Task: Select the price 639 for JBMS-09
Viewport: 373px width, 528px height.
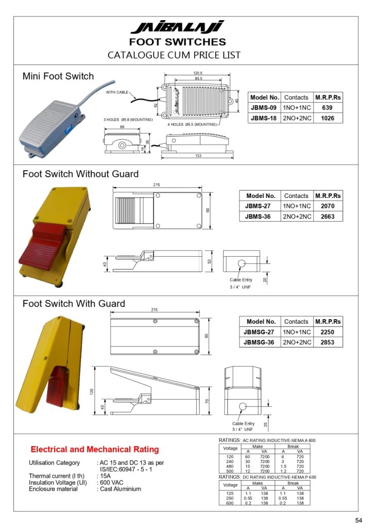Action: (327, 108)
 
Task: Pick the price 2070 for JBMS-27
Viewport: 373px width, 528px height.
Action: (328, 206)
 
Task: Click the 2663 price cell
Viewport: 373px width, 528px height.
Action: (328, 217)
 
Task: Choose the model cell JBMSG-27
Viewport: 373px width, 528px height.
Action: (260, 332)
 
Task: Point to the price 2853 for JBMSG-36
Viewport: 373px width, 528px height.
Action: (328, 342)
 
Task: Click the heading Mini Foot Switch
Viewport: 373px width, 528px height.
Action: (58, 76)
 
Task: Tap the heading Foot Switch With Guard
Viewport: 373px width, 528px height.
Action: (74, 304)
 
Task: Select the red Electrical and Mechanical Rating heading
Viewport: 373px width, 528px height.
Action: (95, 450)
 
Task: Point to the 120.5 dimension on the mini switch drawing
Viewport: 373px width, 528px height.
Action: (198, 73)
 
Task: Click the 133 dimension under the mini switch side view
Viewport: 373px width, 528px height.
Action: (198, 156)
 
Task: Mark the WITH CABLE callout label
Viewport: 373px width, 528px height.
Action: (117, 92)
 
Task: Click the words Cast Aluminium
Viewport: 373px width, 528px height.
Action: (121, 489)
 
